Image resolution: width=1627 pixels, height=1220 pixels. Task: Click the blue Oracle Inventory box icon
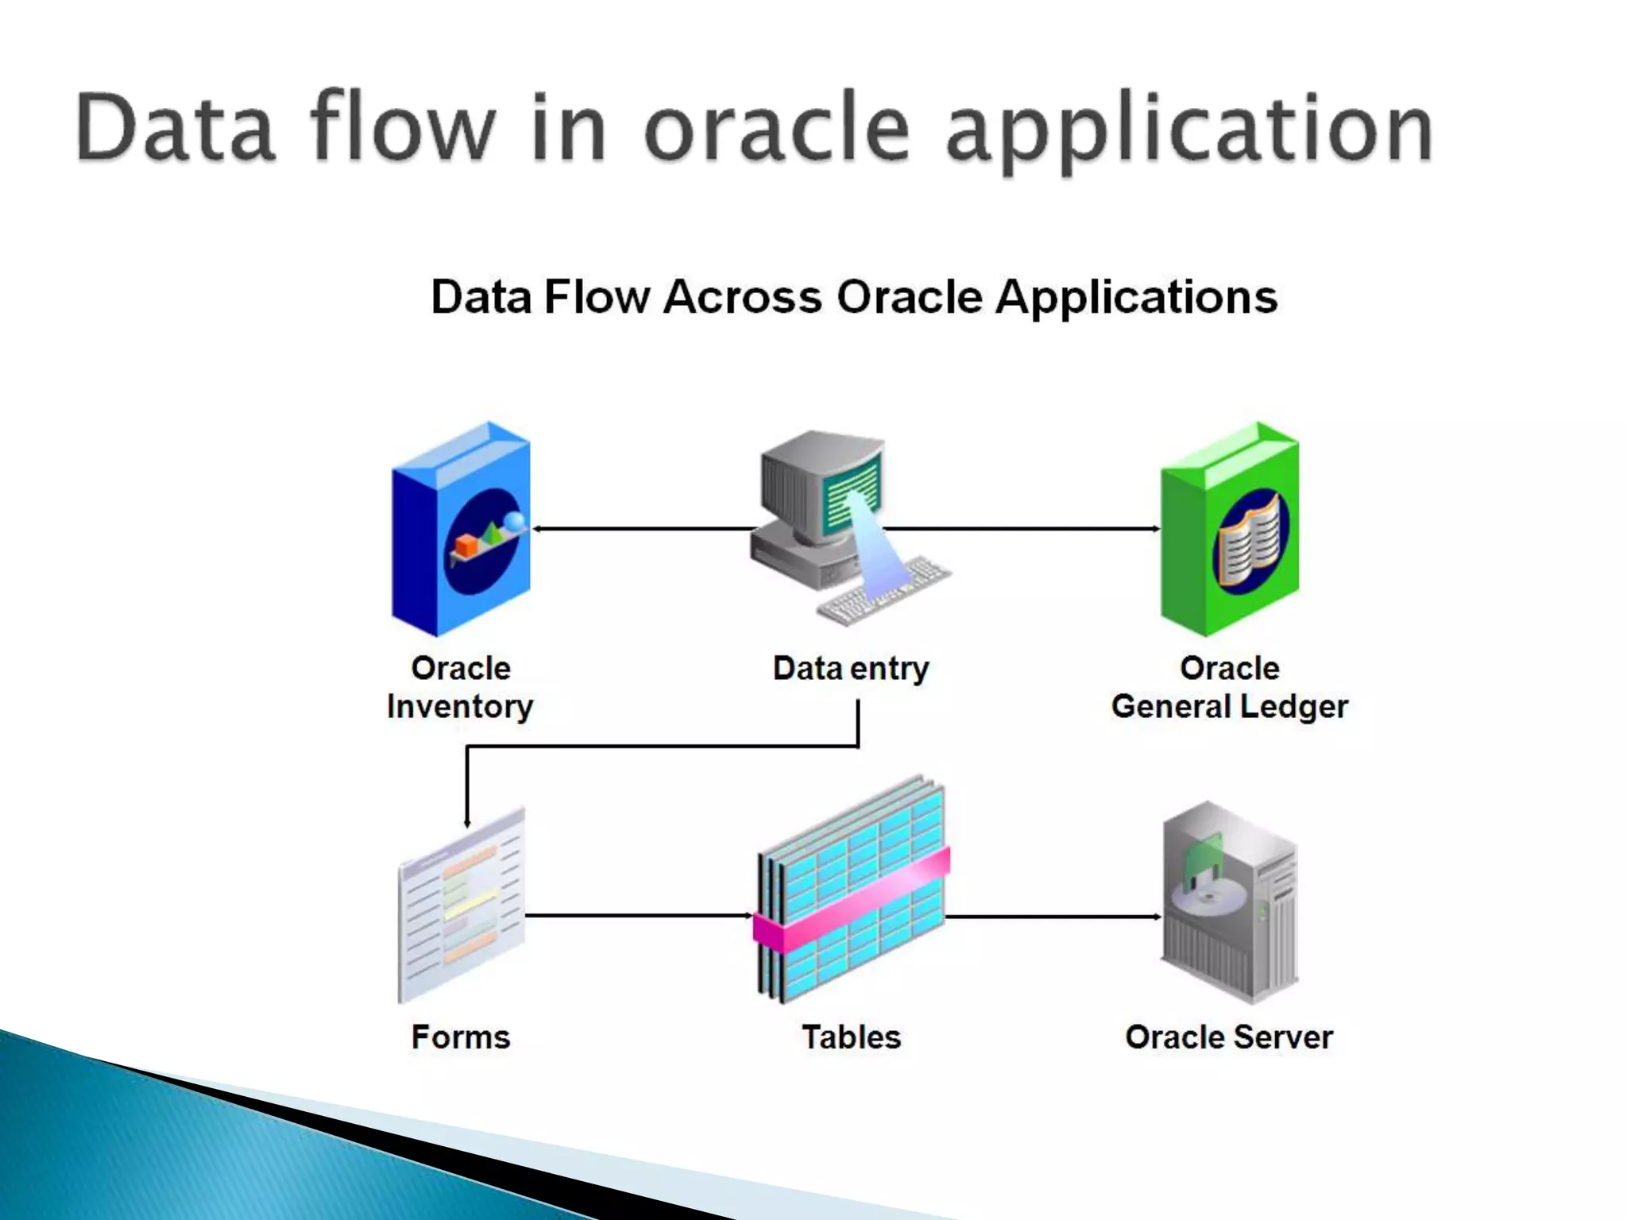(461, 531)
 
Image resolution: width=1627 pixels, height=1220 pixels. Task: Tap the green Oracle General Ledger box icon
(1230, 531)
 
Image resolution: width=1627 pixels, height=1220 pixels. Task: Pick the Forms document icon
(461, 905)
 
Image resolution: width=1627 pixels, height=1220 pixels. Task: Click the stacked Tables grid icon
(852, 890)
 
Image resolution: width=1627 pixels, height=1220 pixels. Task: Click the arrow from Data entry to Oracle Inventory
(643, 528)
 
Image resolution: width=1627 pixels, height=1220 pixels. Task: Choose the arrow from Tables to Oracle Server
(1053, 917)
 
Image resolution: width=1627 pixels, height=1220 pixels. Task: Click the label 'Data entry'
(851, 669)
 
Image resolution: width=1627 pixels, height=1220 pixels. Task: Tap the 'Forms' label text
(461, 1037)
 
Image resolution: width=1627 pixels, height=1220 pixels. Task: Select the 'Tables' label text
(852, 1037)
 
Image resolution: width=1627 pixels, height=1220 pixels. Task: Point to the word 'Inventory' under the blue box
(460, 707)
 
